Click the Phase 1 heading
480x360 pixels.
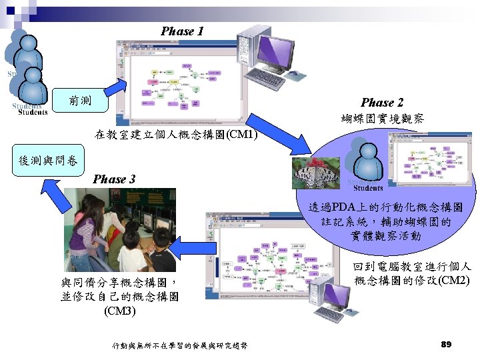pyautogui.click(x=182, y=31)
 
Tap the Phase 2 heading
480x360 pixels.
pyautogui.click(x=382, y=103)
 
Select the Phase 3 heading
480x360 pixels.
pyautogui.click(x=114, y=179)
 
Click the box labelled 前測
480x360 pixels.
pyautogui.click(x=81, y=101)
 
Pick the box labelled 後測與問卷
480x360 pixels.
pyautogui.click(x=48, y=160)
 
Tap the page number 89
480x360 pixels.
pyautogui.click(x=447, y=345)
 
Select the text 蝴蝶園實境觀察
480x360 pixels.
pyautogui.click(x=382, y=119)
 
